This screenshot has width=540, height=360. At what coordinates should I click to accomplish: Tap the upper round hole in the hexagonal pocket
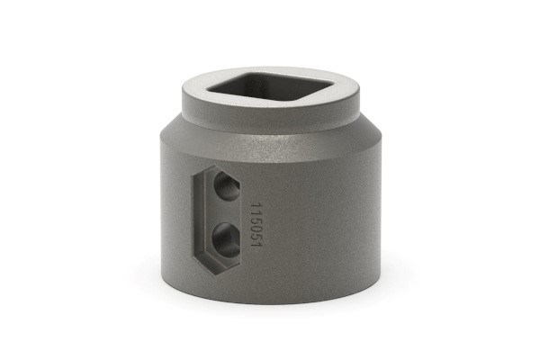(x=226, y=189)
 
